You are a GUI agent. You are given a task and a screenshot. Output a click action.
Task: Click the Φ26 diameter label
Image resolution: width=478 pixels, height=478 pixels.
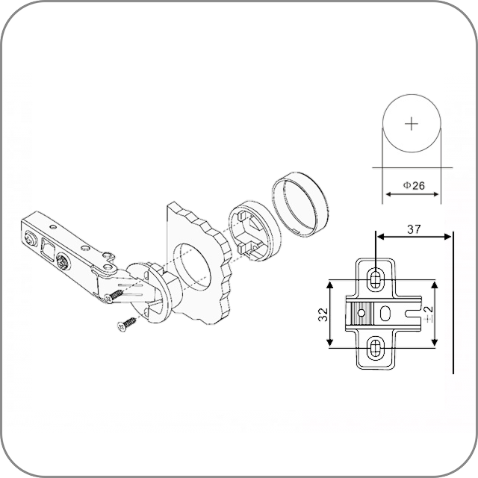coord(413,185)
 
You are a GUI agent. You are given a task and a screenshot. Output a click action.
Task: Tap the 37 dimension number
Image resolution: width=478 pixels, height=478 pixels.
coord(414,229)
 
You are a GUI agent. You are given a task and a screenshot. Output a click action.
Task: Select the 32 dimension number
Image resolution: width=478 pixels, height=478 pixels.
coord(323,314)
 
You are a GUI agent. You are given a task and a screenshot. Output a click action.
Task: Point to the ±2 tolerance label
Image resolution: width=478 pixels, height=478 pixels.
coord(429,314)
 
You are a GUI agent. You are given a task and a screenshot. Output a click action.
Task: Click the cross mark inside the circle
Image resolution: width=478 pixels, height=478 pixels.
coord(412,124)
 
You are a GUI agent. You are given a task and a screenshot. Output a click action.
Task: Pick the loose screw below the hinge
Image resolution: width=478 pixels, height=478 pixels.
coord(127,324)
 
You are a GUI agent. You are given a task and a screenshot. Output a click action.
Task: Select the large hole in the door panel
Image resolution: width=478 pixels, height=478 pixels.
coord(192,267)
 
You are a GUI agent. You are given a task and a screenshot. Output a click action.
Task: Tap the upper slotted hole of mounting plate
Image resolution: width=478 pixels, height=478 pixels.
coord(376,279)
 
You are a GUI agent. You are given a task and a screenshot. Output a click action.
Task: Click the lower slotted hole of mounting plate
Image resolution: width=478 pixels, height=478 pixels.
coord(376,347)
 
